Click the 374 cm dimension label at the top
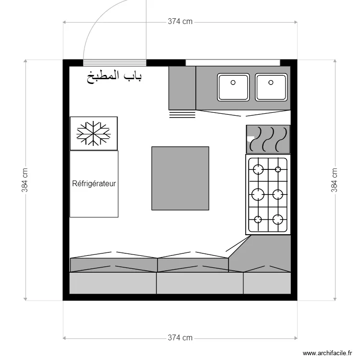point(180,21)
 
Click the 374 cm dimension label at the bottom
point(180,338)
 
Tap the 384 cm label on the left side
point(25,180)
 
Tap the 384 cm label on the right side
point(334,180)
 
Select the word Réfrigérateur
point(94,183)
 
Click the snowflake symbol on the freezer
point(94,133)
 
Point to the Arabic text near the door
point(114,77)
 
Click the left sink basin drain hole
point(233,83)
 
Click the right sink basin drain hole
point(271,83)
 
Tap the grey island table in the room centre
point(180,178)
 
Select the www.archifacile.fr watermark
point(327,353)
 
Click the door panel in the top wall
point(115,63)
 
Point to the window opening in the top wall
point(233,63)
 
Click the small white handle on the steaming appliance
point(250,138)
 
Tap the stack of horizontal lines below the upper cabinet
point(182,115)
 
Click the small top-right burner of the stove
point(278,169)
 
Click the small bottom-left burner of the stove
point(258,219)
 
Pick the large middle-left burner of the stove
point(258,194)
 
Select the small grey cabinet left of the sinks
point(182,88)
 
